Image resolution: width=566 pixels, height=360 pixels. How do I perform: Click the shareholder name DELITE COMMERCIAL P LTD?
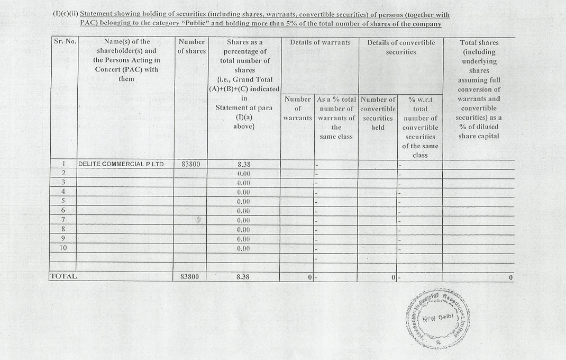(121, 164)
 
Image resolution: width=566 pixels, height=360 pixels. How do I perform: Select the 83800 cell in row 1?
(190, 164)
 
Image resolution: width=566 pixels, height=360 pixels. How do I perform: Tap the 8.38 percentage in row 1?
(243, 164)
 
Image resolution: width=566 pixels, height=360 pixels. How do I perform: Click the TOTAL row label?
(63, 276)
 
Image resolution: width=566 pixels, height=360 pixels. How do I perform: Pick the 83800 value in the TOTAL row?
(190, 276)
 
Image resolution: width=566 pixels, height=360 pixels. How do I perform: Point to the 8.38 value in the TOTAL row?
(243, 276)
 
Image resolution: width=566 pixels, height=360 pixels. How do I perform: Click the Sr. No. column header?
(65, 42)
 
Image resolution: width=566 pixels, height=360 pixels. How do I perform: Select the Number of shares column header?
(191, 47)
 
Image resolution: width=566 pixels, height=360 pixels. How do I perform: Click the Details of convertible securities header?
(400, 47)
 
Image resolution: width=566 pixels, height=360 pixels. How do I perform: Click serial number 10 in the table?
(63, 248)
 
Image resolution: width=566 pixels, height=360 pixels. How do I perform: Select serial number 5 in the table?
(63, 201)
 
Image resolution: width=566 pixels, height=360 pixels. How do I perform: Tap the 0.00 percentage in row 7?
(243, 220)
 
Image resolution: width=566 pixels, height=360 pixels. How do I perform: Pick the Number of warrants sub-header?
(297, 108)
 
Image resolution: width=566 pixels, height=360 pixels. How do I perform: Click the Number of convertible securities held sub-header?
(378, 113)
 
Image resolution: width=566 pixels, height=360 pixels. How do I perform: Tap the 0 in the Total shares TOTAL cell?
(510, 277)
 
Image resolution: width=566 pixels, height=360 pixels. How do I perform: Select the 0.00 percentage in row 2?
(243, 174)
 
